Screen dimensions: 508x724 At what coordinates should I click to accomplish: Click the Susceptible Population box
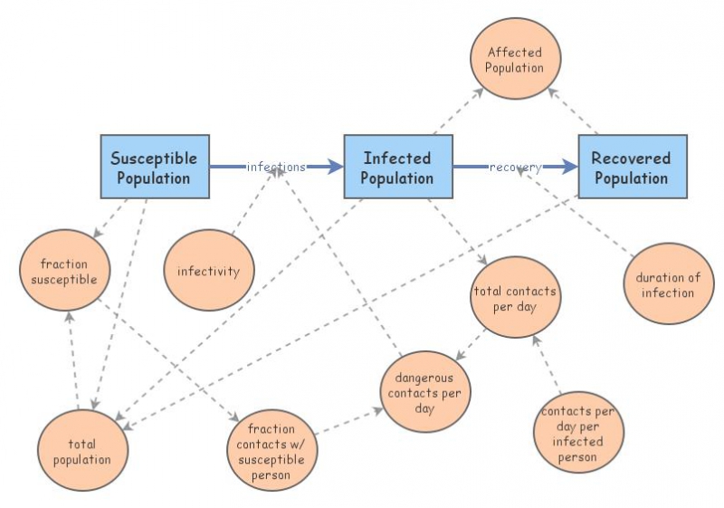point(154,167)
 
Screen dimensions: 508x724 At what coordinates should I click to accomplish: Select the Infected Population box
point(397,167)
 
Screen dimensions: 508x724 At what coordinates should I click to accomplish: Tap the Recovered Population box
point(632,167)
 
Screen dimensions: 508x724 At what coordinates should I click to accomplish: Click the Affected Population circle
point(515,60)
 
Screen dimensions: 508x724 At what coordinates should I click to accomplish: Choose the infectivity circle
point(208,271)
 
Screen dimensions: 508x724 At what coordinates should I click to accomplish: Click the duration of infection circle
point(668,284)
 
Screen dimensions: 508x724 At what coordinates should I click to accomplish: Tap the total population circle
point(82,450)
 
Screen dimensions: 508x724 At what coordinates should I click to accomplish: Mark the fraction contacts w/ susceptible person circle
point(271,450)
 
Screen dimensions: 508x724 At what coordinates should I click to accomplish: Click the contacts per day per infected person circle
point(578,432)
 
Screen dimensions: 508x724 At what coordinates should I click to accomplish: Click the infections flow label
point(275,167)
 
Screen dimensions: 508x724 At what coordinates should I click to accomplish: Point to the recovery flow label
point(516,167)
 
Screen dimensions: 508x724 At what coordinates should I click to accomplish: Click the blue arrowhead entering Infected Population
point(335,167)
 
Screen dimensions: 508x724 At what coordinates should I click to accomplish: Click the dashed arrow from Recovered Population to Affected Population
point(576,107)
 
